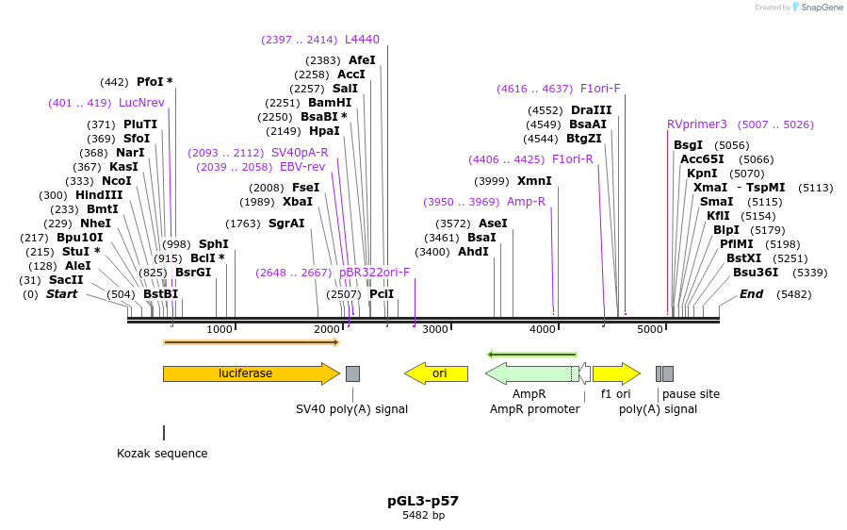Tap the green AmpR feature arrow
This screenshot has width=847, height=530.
(x=529, y=373)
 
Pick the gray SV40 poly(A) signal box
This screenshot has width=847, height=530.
(x=352, y=373)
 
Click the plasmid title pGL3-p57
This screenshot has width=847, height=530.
(x=423, y=501)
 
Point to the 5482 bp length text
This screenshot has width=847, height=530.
(x=423, y=516)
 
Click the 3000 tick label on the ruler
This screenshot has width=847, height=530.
(x=435, y=329)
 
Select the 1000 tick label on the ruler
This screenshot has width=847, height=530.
(x=220, y=329)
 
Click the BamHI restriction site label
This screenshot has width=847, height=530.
(x=330, y=103)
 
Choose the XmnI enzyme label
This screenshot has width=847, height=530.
(x=534, y=181)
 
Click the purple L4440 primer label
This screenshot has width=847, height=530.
(x=362, y=40)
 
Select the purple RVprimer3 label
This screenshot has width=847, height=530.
(x=697, y=124)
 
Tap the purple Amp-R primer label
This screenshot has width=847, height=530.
(x=526, y=202)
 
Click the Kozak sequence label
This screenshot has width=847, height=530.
(x=162, y=454)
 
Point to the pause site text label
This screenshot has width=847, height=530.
(x=691, y=394)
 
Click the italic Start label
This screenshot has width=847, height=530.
(x=62, y=294)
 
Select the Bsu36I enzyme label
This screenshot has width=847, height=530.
(x=756, y=273)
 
